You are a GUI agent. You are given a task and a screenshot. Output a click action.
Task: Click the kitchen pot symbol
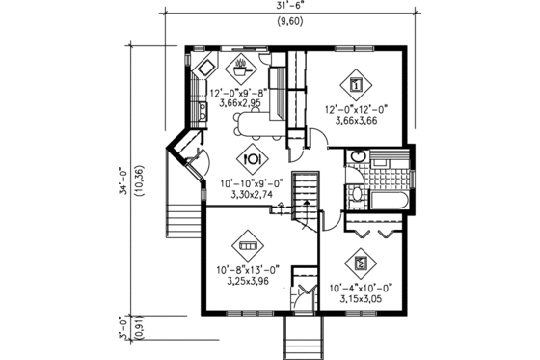point(240,69)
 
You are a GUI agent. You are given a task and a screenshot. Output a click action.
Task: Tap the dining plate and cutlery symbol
point(251,159)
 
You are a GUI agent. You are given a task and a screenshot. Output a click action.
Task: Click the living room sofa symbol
point(250,241)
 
